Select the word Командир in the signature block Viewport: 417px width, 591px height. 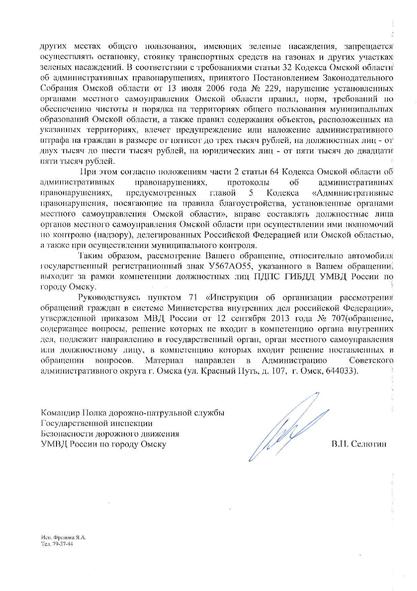click(58, 413)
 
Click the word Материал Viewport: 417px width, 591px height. click(164, 360)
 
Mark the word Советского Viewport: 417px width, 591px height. click(371, 360)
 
